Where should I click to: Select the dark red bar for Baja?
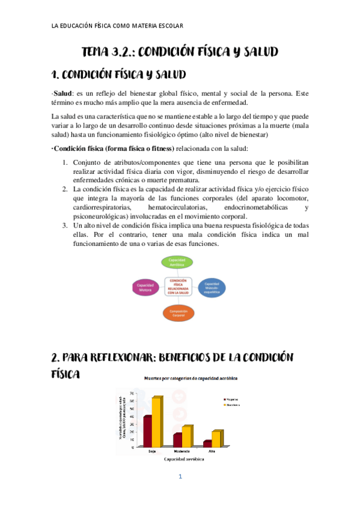point(147,431)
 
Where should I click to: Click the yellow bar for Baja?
point(157,422)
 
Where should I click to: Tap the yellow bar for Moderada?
point(186,436)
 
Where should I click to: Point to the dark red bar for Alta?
point(207,443)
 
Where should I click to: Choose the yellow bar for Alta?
point(216,438)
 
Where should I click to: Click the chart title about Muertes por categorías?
point(190,378)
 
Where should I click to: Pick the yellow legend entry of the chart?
point(234,405)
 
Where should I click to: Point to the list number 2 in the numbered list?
point(65,189)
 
